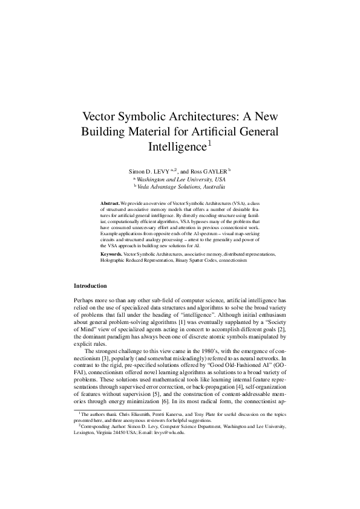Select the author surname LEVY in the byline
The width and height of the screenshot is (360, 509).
coord(160,172)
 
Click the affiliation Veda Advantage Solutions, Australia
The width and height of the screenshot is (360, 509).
coord(182,188)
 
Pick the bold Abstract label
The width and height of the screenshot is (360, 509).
coord(110,204)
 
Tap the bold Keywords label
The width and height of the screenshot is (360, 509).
coord(111,255)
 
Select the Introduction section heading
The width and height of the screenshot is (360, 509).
coord(90,285)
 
